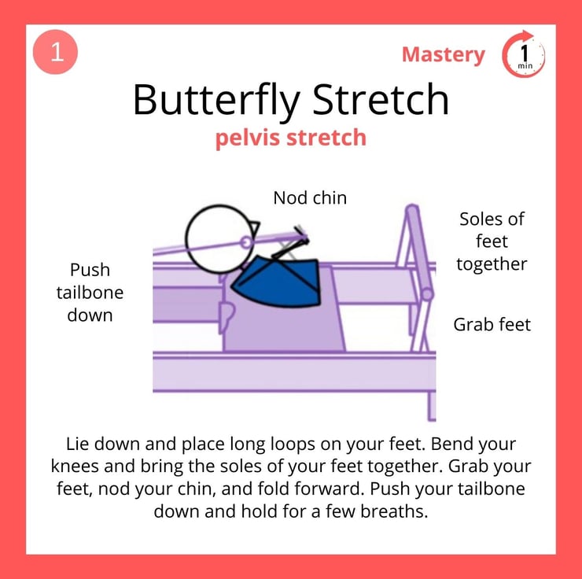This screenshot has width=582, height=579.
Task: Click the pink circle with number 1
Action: (55, 52)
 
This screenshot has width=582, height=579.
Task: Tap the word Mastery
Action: (443, 55)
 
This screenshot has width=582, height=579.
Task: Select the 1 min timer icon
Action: (523, 54)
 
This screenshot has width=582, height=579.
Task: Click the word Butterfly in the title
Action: (216, 100)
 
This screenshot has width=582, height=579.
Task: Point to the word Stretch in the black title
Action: (381, 98)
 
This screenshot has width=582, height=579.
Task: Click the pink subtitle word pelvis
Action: (248, 138)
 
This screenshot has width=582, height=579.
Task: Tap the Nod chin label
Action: (310, 197)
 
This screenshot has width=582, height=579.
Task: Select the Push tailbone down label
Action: (90, 293)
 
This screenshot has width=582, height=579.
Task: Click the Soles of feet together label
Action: (492, 242)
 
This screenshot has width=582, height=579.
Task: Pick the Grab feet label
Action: (492, 325)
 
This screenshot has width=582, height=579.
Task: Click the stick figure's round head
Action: (219, 239)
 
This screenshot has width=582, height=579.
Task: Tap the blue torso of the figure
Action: (278, 283)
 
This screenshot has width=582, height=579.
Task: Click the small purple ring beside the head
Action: (245, 243)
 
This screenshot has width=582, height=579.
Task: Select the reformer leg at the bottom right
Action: (431, 407)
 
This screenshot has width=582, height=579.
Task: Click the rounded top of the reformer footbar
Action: (412, 210)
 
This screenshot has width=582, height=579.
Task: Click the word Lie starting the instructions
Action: (77, 444)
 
